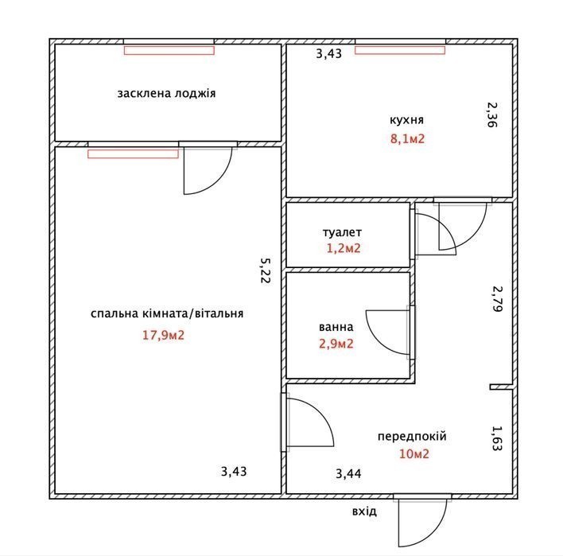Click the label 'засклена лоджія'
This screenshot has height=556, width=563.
[x=167, y=94]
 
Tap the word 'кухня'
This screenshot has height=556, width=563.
[x=407, y=119]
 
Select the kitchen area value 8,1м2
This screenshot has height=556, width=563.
[x=407, y=138]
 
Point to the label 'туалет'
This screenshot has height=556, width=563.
[x=342, y=232]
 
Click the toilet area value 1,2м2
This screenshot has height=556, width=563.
[x=344, y=248]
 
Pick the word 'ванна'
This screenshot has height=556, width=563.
[x=336, y=327]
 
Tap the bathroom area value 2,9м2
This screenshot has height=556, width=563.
[x=336, y=344]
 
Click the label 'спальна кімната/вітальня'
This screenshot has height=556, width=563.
[x=167, y=313]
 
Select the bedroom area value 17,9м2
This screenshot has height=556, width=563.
[x=163, y=336]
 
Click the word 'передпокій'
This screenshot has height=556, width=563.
[x=412, y=437]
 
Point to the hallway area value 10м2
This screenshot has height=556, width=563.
[x=414, y=454]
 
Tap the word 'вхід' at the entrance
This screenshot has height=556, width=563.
[x=364, y=511]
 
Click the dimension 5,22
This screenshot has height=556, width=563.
[x=266, y=270]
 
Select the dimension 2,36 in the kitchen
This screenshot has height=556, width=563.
[x=492, y=115]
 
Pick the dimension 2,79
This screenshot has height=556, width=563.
[x=497, y=299]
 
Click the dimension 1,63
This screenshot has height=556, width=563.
[x=496, y=438]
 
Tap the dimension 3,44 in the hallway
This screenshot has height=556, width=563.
[x=348, y=474]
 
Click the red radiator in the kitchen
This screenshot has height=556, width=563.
[x=400, y=50]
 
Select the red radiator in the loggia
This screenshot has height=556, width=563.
[x=169, y=50]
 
